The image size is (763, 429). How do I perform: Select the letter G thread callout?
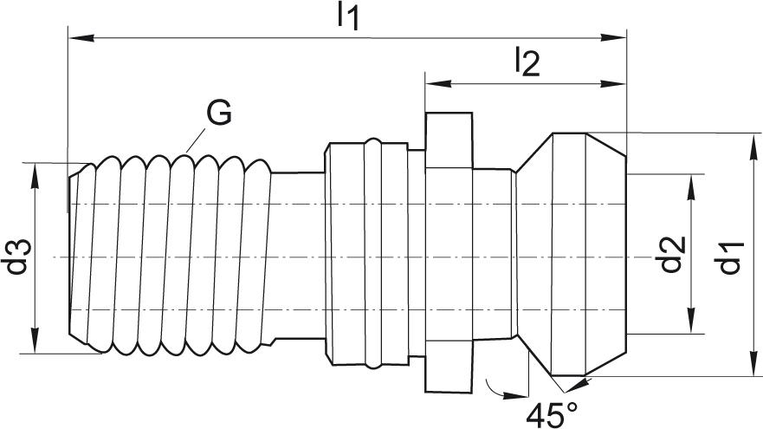(x=218, y=113)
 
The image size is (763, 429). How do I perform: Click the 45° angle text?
(x=556, y=414)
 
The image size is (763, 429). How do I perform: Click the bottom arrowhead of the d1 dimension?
(x=747, y=367)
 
